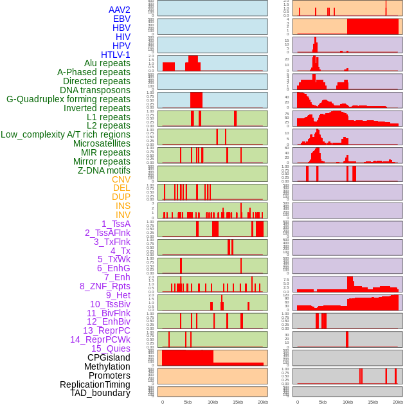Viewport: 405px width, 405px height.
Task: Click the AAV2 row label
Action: point(120,10)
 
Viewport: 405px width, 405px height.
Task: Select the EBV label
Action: point(122,19)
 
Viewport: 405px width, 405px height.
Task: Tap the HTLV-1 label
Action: point(116,55)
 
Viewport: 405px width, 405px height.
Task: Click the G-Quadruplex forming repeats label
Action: point(68,99)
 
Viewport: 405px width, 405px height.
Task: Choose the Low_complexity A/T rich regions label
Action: point(66,134)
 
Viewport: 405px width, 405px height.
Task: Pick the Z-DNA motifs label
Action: point(104,170)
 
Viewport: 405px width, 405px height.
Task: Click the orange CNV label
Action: point(121,179)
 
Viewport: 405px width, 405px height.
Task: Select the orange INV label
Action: point(123,215)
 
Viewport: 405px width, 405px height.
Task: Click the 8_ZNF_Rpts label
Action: point(105,286)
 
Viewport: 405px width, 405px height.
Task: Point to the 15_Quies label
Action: point(111,348)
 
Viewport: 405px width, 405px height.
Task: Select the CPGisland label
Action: point(109,357)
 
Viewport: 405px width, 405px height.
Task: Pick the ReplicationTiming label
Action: point(94,384)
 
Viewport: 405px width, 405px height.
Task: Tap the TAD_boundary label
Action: point(100,393)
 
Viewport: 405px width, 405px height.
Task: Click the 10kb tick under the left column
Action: point(213,402)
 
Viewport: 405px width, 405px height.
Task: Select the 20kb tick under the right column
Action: point(398,402)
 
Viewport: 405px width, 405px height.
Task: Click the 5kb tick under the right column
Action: point(322,402)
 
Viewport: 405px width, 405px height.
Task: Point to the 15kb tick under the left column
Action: point(238,402)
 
